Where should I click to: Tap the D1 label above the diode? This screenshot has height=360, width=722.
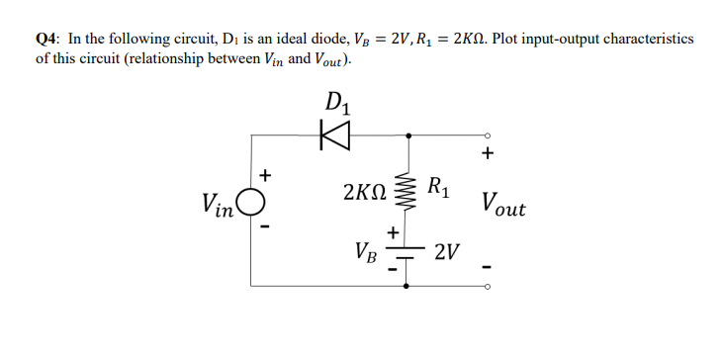pos(337,103)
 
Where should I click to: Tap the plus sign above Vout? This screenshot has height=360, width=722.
pos(487,154)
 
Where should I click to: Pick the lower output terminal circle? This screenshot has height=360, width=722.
pos(486,287)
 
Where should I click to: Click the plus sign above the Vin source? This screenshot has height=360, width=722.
pos(264,176)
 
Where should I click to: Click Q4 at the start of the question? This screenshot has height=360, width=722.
pos(46,39)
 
